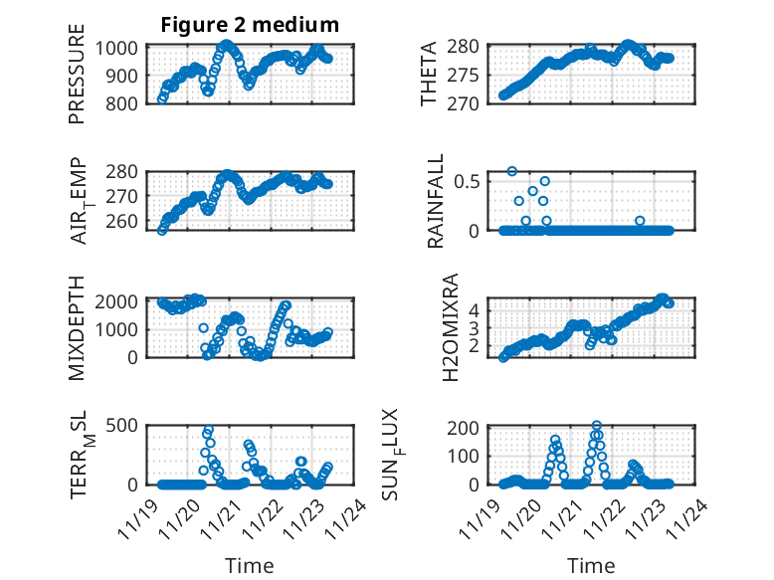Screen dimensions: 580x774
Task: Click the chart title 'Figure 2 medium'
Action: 250,25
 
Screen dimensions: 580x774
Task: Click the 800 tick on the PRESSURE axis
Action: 126,102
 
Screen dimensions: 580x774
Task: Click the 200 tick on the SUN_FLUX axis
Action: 472,428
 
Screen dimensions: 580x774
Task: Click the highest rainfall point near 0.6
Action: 512,171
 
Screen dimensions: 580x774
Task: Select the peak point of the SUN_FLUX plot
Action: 597,426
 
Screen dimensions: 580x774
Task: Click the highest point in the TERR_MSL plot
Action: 208,431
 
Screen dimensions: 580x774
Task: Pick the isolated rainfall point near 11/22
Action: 640,221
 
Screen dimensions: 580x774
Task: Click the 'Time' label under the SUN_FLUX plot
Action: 591,565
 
